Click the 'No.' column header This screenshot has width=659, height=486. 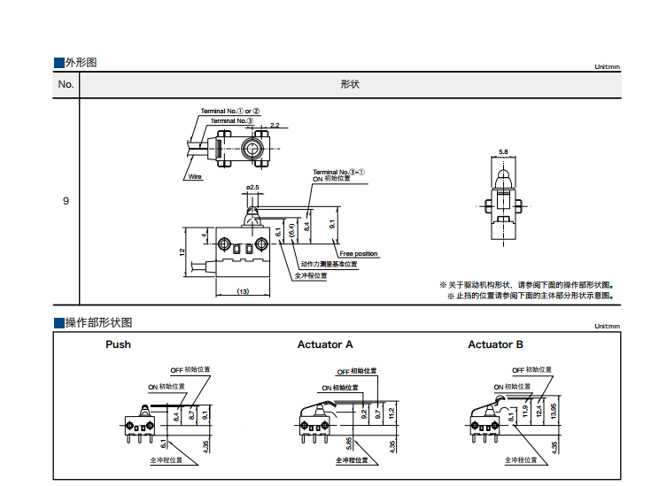[x=66, y=85]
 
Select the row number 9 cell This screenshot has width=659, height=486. [x=66, y=201]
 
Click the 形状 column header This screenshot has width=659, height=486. [x=350, y=85]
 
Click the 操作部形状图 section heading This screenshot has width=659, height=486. [x=98, y=322]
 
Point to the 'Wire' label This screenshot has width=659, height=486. [x=195, y=176]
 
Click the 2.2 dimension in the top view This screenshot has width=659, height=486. [x=275, y=125]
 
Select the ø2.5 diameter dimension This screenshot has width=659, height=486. [x=252, y=188]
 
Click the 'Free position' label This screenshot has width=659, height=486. [x=359, y=254]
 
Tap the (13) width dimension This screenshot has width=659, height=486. [x=242, y=291]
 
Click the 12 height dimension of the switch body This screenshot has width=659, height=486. [x=183, y=252]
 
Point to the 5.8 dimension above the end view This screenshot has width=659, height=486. [x=503, y=152]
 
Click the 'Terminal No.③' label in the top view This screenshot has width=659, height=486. [x=232, y=120]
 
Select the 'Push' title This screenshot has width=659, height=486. [x=118, y=344]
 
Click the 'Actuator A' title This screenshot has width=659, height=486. [x=325, y=344]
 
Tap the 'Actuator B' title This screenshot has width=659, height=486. [x=495, y=344]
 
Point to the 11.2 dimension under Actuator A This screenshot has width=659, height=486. [x=392, y=412]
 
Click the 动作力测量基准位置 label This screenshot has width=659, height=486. [x=329, y=264]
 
